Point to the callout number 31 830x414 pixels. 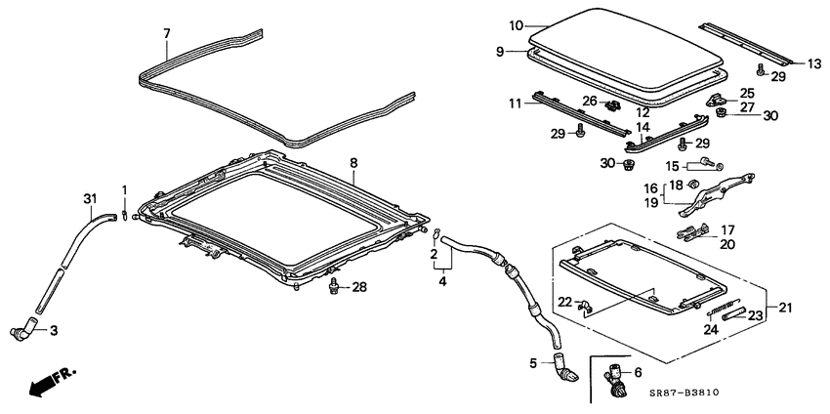pos(90,199)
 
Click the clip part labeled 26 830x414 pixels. pos(613,103)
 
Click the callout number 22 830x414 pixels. pos(564,302)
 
